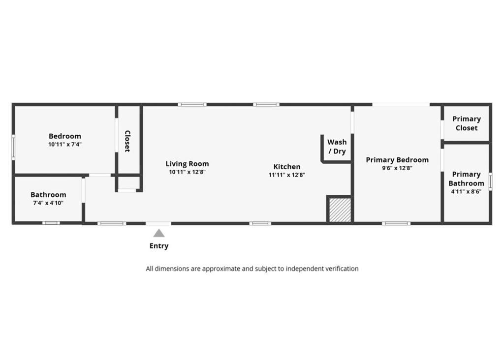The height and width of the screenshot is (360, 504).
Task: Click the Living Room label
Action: [x=187, y=164]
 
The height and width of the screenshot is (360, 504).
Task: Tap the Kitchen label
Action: [x=287, y=167]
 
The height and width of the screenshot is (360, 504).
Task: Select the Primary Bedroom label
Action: [x=397, y=160]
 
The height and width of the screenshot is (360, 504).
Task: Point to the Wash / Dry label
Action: [x=337, y=147]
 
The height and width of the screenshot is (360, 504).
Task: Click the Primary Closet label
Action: [x=467, y=123]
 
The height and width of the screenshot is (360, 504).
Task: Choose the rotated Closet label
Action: [x=127, y=141]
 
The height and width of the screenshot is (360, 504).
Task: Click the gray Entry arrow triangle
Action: [x=159, y=233]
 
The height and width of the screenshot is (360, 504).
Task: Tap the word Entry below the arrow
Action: [x=159, y=246]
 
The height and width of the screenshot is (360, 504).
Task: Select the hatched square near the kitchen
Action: [x=340, y=210]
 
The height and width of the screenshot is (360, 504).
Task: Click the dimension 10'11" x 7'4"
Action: [x=65, y=145]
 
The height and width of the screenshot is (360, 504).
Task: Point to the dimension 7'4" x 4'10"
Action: [x=48, y=203]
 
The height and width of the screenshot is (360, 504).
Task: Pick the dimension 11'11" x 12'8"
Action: [x=287, y=175]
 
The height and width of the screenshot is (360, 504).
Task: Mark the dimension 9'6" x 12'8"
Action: [x=397, y=168]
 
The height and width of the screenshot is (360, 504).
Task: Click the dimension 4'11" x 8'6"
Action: [x=466, y=192]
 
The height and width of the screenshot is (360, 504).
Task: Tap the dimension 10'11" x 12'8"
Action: [x=187, y=172]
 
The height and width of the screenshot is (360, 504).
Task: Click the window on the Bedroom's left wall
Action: [x=13, y=147]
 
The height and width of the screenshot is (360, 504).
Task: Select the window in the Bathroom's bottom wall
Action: [x=51, y=223]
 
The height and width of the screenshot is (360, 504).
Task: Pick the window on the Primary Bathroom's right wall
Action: [x=491, y=181]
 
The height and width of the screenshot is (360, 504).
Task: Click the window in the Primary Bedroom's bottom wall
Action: [x=396, y=223]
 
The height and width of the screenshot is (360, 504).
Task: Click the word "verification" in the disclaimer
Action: [x=342, y=269]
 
